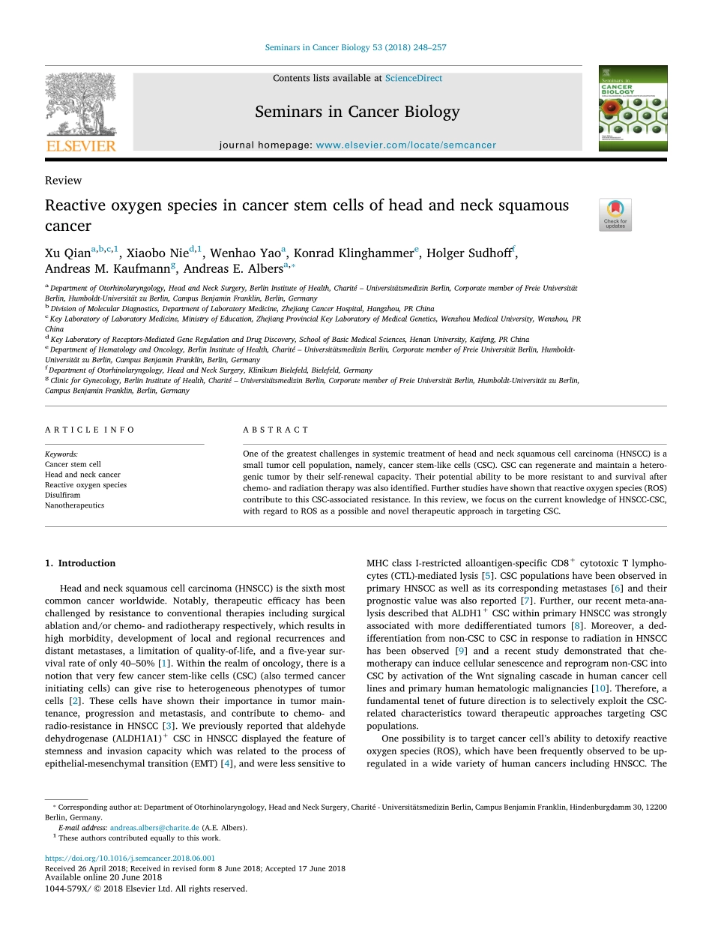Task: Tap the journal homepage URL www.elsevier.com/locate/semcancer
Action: (x=405, y=145)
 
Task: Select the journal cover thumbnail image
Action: (x=633, y=109)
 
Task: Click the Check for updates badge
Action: (x=615, y=214)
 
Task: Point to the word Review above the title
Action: (x=64, y=181)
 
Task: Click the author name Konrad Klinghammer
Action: (x=354, y=253)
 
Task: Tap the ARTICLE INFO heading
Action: (x=90, y=430)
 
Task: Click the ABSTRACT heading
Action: (x=276, y=430)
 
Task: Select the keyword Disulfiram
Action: (x=63, y=495)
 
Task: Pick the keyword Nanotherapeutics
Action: (x=74, y=505)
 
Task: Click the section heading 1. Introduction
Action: (x=80, y=563)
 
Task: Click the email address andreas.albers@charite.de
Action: (x=154, y=828)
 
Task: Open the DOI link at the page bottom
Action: (x=130, y=859)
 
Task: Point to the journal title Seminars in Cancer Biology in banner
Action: (x=357, y=112)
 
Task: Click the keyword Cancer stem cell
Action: (x=73, y=464)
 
